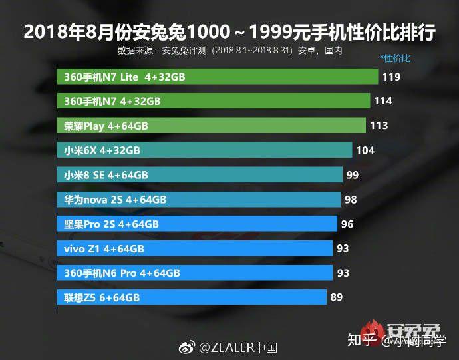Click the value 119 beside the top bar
pos(391,77)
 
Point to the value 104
pos(365,150)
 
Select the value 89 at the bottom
pos(337,297)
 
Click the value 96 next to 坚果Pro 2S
pos(347,224)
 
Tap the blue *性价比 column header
pos(395,58)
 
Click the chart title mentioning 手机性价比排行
pos(230,32)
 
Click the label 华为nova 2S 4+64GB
pos(115,200)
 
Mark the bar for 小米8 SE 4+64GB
pos(200,174)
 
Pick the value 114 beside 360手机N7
pos(383,101)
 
